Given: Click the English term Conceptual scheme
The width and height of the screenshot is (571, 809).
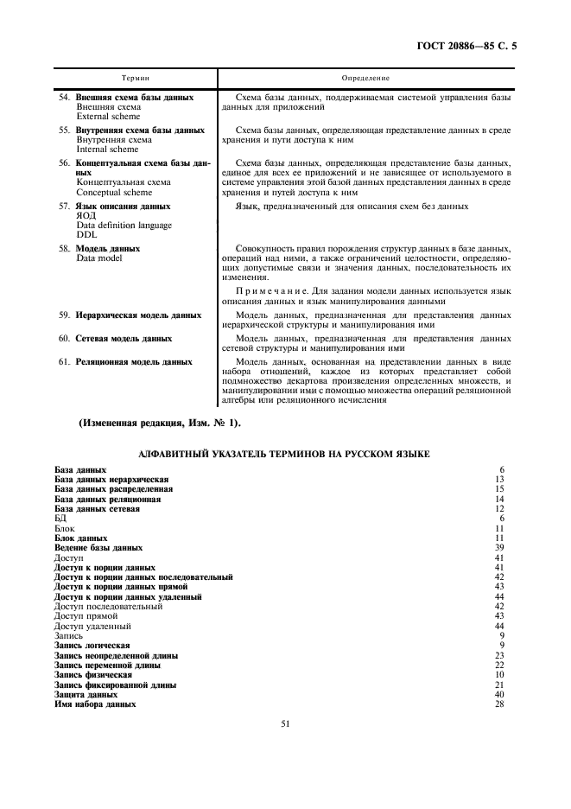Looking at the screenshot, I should (111, 192).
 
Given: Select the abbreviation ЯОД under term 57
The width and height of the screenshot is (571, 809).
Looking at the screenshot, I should (86, 216).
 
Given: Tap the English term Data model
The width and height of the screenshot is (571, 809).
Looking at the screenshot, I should (98, 258).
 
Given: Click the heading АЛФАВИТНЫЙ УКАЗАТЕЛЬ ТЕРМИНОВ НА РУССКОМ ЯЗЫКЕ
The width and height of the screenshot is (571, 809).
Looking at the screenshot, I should (285, 454).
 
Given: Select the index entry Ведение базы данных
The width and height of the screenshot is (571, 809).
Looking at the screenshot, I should (98, 547).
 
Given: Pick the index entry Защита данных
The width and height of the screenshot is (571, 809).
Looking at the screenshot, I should (86, 694).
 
